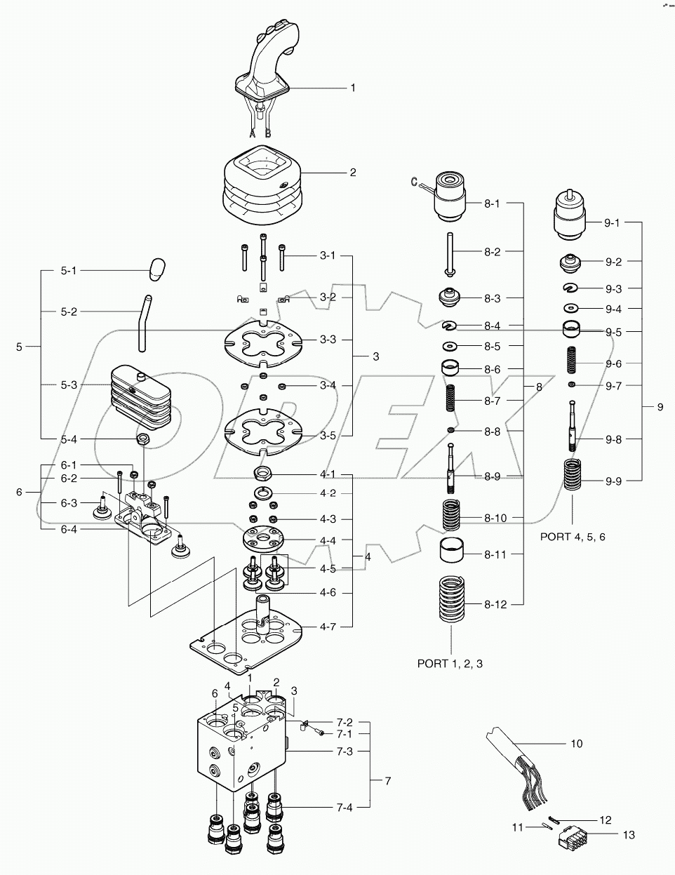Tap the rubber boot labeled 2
[x=262, y=182]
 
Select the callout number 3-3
[x=328, y=340]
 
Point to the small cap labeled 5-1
[x=157, y=268]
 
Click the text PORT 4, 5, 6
[x=573, y=536]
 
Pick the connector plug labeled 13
[x=572, y=838]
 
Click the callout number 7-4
[x=344, y=808]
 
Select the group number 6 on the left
[x=20, y=492]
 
